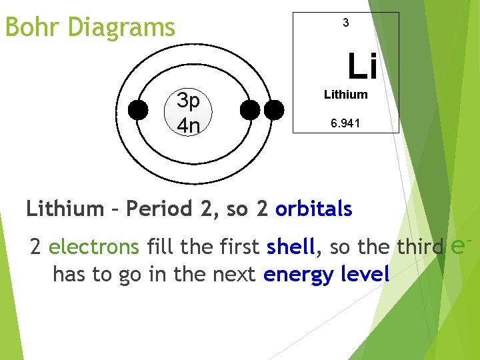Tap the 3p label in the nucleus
[189, 101]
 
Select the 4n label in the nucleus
[189, 124]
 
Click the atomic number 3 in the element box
[345, 23]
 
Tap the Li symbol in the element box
[362, 66]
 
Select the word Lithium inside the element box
[345, 95]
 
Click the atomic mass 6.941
[345, 124]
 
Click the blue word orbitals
[313, 209]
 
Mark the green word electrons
[94, 247]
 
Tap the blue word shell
[290, 247]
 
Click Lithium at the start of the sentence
[65, 209]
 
